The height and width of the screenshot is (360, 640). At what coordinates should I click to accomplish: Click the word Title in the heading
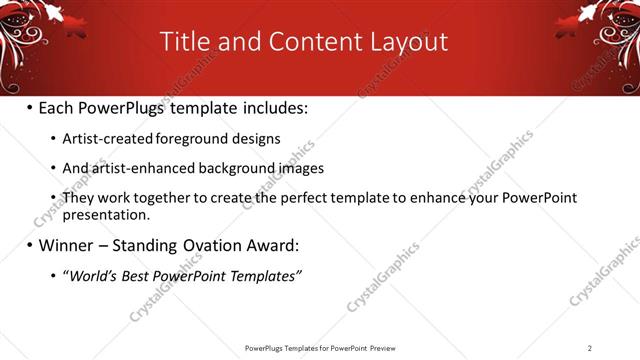pyautogui.click(x=188, y=42)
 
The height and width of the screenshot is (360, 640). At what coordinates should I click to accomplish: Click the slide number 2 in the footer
pyautogui.click(x=590, y=348)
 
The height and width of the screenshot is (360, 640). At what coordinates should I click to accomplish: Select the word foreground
pyautogui.click(x=178, y=139)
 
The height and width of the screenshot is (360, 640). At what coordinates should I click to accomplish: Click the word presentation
pyautogui.click(x=106, y=214)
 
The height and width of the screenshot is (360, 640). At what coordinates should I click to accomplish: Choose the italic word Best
pyautogui.click(x=143, y=275)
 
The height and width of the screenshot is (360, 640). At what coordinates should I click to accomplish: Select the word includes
pyautogui.click(x=270, y=108)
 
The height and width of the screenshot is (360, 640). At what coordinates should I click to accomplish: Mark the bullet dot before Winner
pyautogui.click(x=29, y=245)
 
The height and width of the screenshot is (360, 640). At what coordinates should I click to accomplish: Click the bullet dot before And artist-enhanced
pyautogui.click(x=52, y=169)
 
